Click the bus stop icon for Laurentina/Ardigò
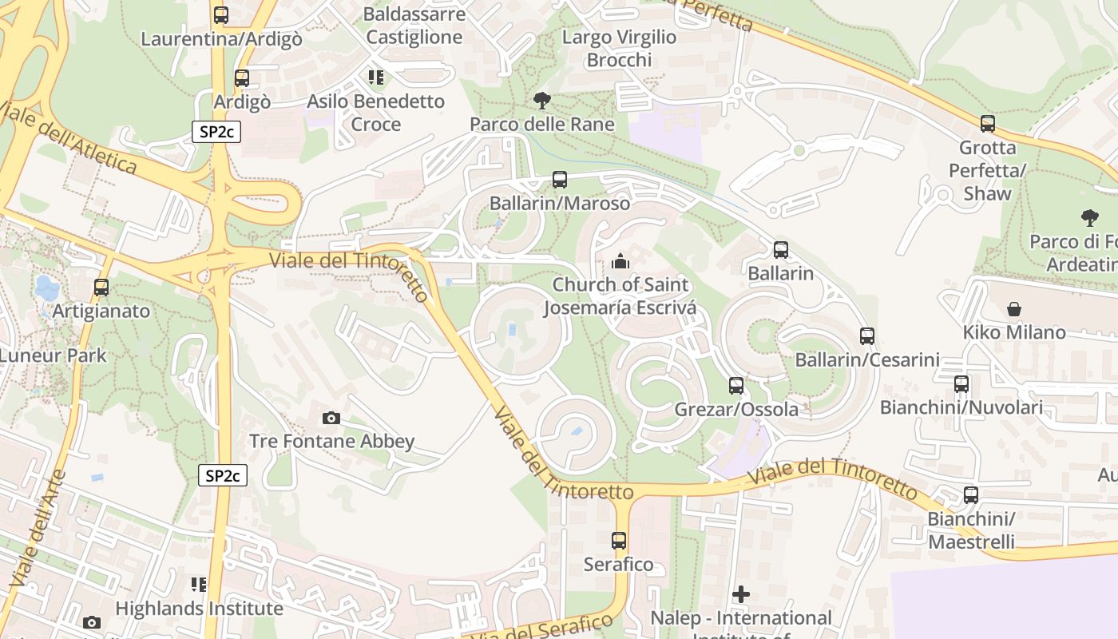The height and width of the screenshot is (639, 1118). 221,14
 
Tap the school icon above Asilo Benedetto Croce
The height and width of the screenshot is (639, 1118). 375,77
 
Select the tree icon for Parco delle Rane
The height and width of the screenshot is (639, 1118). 542,101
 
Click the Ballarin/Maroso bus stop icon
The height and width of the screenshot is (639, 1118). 560,180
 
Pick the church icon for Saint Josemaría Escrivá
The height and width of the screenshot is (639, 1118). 620,261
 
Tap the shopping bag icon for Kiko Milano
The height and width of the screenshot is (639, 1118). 1013,308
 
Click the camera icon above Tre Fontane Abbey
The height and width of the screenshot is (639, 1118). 331,418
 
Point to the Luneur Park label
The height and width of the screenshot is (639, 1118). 53,355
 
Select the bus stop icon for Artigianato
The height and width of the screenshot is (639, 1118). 101,288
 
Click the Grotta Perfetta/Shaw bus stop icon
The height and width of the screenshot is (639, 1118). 988,124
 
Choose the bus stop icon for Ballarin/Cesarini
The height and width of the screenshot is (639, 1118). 867,336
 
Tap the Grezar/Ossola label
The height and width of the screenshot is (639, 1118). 736,409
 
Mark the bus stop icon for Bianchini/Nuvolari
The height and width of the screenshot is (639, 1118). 961,384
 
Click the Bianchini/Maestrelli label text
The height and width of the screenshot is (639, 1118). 971,530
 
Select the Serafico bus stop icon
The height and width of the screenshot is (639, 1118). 619,541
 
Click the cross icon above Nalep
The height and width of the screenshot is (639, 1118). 741,594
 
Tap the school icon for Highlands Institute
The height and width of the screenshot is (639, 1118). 199,585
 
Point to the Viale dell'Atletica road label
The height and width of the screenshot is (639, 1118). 69,138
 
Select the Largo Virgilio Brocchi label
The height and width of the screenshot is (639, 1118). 620,48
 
